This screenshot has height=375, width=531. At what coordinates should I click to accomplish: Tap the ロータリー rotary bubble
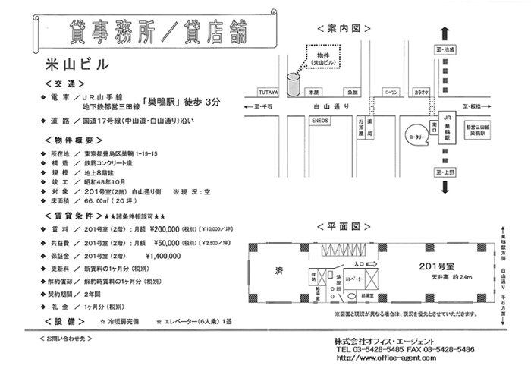pyautogui.click(x=417, y=137)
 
